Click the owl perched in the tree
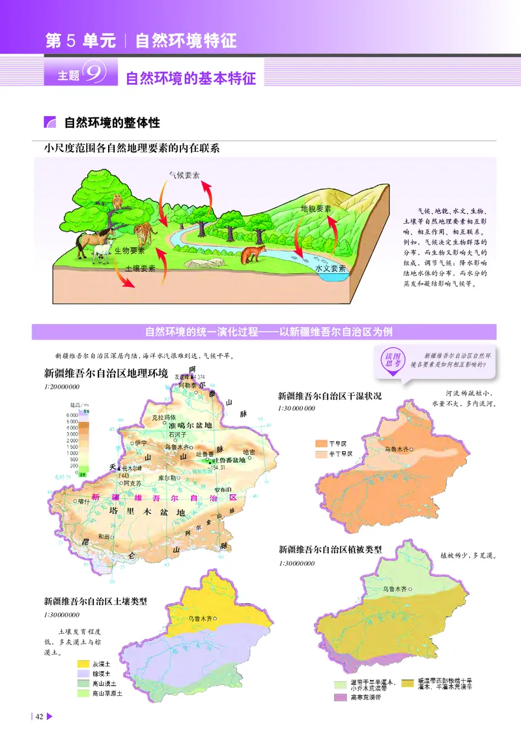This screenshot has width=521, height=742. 117,202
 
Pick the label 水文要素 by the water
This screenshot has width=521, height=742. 330,268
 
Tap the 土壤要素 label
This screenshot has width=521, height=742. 140,268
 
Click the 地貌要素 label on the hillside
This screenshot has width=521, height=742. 316,209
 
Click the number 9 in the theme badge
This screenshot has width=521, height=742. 97,75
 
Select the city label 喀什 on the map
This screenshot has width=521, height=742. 83,501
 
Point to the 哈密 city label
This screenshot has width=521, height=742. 249,452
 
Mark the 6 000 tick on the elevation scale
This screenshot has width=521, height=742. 72,415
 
